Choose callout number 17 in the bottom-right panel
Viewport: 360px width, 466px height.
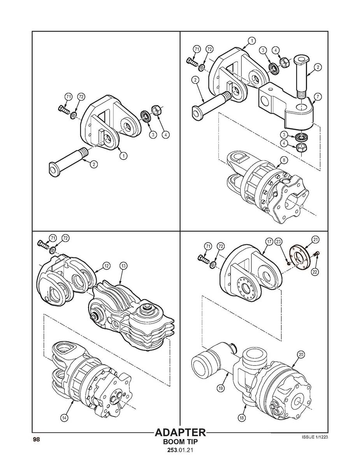point(269,242)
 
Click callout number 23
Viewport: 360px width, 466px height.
point(278,242)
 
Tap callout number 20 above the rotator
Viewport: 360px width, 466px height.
point(301,354)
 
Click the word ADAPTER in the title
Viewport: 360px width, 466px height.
point(180,433)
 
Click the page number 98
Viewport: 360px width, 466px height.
point(36,440)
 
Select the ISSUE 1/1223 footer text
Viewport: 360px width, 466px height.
point(314,437)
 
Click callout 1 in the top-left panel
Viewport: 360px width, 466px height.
point(123,156)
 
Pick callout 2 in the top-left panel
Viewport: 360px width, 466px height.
point(94,164)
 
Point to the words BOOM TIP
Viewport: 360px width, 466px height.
point(180,442)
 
